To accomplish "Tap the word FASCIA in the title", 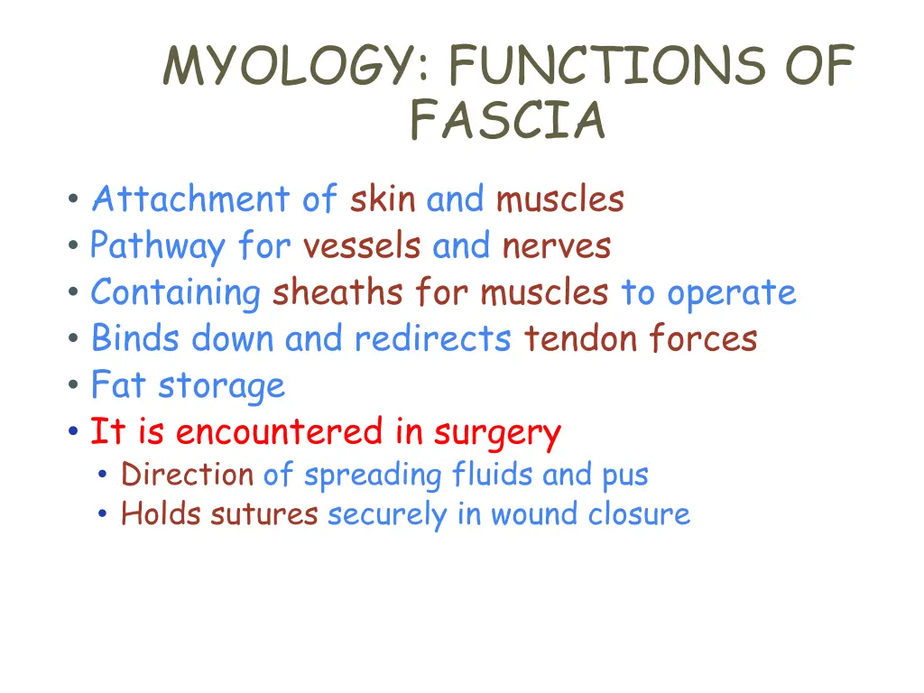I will [507, 120].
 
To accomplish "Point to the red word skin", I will [383, 199].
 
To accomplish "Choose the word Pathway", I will [157, 246].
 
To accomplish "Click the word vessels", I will [362, 246].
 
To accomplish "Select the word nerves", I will [557, 246].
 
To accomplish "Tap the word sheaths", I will [338, 293].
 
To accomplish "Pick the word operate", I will [732, 293].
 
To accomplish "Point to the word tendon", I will [564, 339].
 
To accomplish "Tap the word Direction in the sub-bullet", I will [188, 475].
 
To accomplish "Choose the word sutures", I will [263, 514].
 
